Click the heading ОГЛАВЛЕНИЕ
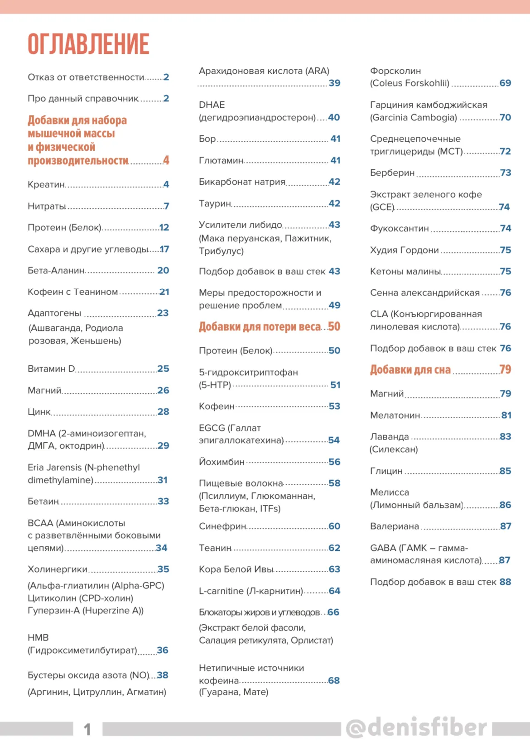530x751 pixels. (x=88, y=44)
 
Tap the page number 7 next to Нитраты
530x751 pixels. (x=166, y=206)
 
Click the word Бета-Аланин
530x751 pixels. (x=56, y=271)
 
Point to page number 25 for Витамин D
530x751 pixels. (x=163, y=369)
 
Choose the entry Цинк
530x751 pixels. (x=39, y=412)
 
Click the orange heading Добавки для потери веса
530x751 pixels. (x=260, y=327)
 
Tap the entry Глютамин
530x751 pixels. (x=221, y=161)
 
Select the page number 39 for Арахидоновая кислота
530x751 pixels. (x=334, y=83)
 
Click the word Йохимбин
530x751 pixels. (x=222, y=462)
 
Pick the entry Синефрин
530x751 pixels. (x=222, y=526)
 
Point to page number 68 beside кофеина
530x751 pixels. (x=334, y=681)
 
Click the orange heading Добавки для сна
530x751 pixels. (x=410, y=370)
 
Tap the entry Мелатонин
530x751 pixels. (x=395, y=416)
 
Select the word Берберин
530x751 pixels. (x=392, y=173)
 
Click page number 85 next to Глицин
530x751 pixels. (x=505, y=471)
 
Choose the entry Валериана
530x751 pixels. (x=395, y=526)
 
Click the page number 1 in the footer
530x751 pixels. (x=87, y=729)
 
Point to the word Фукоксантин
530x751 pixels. (x=399, y=229)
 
